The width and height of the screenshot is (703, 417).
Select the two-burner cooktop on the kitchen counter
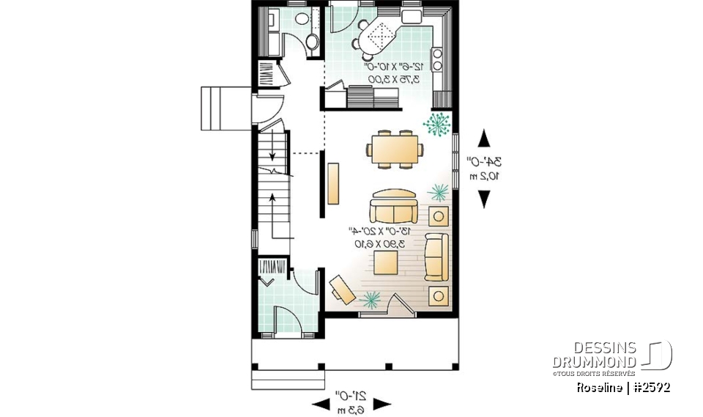point(438,59)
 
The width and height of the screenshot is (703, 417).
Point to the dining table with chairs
point(394,150)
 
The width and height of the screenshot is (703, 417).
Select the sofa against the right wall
point(437,257)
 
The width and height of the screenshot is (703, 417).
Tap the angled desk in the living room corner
point(343,288)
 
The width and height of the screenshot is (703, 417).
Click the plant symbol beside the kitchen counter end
point(436,125)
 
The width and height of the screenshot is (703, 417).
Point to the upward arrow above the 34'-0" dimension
point(484,138)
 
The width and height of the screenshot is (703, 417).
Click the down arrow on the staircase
point(272,153)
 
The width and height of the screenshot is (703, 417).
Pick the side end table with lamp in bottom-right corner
point(439,295)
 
